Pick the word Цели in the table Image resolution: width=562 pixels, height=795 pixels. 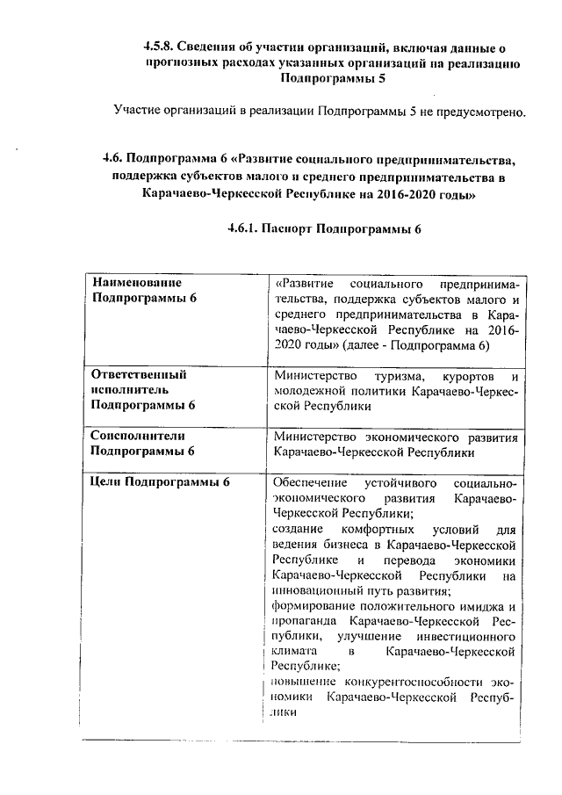(x=105, y=482)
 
